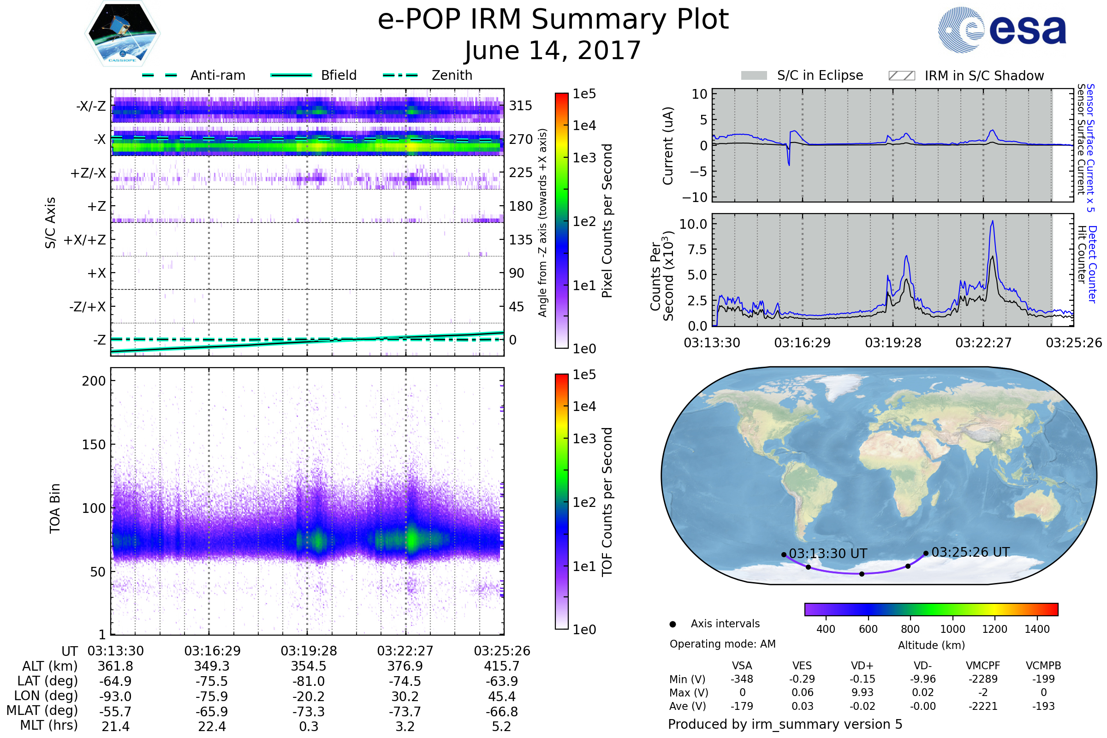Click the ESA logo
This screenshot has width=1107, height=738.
pos(1002,29)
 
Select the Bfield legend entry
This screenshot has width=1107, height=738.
pos(339,75)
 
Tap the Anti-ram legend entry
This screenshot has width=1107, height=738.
pos(217,75)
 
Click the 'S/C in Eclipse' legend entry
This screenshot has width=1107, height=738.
pos(820,75)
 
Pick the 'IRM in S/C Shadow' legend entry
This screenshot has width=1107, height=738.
pos(984,76)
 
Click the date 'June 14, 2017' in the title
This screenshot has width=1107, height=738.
pos(553,51)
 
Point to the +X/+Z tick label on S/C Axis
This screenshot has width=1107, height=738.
pos(85,240)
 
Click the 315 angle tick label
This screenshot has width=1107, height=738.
pos(521,106)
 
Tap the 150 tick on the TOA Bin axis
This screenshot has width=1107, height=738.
pos(94,445)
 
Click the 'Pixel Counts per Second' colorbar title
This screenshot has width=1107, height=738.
pos(607,221)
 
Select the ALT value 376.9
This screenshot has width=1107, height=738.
pos(405,667)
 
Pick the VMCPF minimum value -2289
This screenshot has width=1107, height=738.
pos(983,679)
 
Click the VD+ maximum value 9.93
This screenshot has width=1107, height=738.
pos(862,692)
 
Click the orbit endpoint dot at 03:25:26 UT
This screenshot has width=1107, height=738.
pos(926,553)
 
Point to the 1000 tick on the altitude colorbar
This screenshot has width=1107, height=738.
pos(952,629)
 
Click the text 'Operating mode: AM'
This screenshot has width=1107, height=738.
pos(722,644)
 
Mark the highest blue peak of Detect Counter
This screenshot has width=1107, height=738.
pos(993,221)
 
